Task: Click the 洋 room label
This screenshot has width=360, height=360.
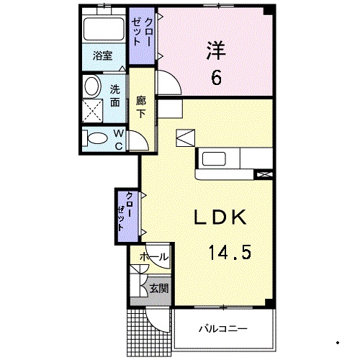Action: (x=215, y=50)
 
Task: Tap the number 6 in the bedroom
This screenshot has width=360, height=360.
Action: (x=215, y=77)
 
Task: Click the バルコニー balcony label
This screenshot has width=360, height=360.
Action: (x=224, y=329)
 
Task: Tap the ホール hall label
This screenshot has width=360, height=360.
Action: (x=153, y=256)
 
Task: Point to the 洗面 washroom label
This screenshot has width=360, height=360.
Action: (x=114, y=96)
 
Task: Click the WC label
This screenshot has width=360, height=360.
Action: (x=118, y=138)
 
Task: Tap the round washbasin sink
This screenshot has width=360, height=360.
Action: (x=92, y=87)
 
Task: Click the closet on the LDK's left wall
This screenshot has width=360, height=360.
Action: (x=127, y=211)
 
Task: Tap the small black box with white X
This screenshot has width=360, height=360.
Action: (x=265, y=174)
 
